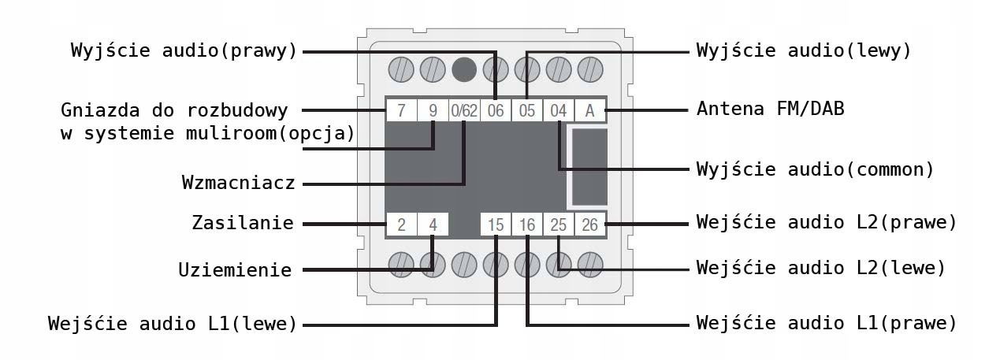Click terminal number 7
tap(401, 110)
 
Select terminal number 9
tap(433, 110)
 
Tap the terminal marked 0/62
tap(464, 110)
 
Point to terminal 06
tap(496, 110)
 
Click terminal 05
tap(527, 110)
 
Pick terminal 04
tap(559, 110)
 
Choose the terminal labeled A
tap(589, 110)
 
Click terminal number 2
tap(401, 225)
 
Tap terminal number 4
tap(433, 225)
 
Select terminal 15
tap(496, 225)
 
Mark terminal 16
tap(527, 225)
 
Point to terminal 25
tap(559, 225)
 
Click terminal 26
tap(589, 225)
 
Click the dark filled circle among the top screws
tap(463, 69)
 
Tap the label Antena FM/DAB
tap(770, 109)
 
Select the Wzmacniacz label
tap(238, 184)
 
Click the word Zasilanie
tap(243, 223)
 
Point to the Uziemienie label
tap(235, 270)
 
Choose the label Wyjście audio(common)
tap(815, 169)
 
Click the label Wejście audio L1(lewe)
tap(172, 324)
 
